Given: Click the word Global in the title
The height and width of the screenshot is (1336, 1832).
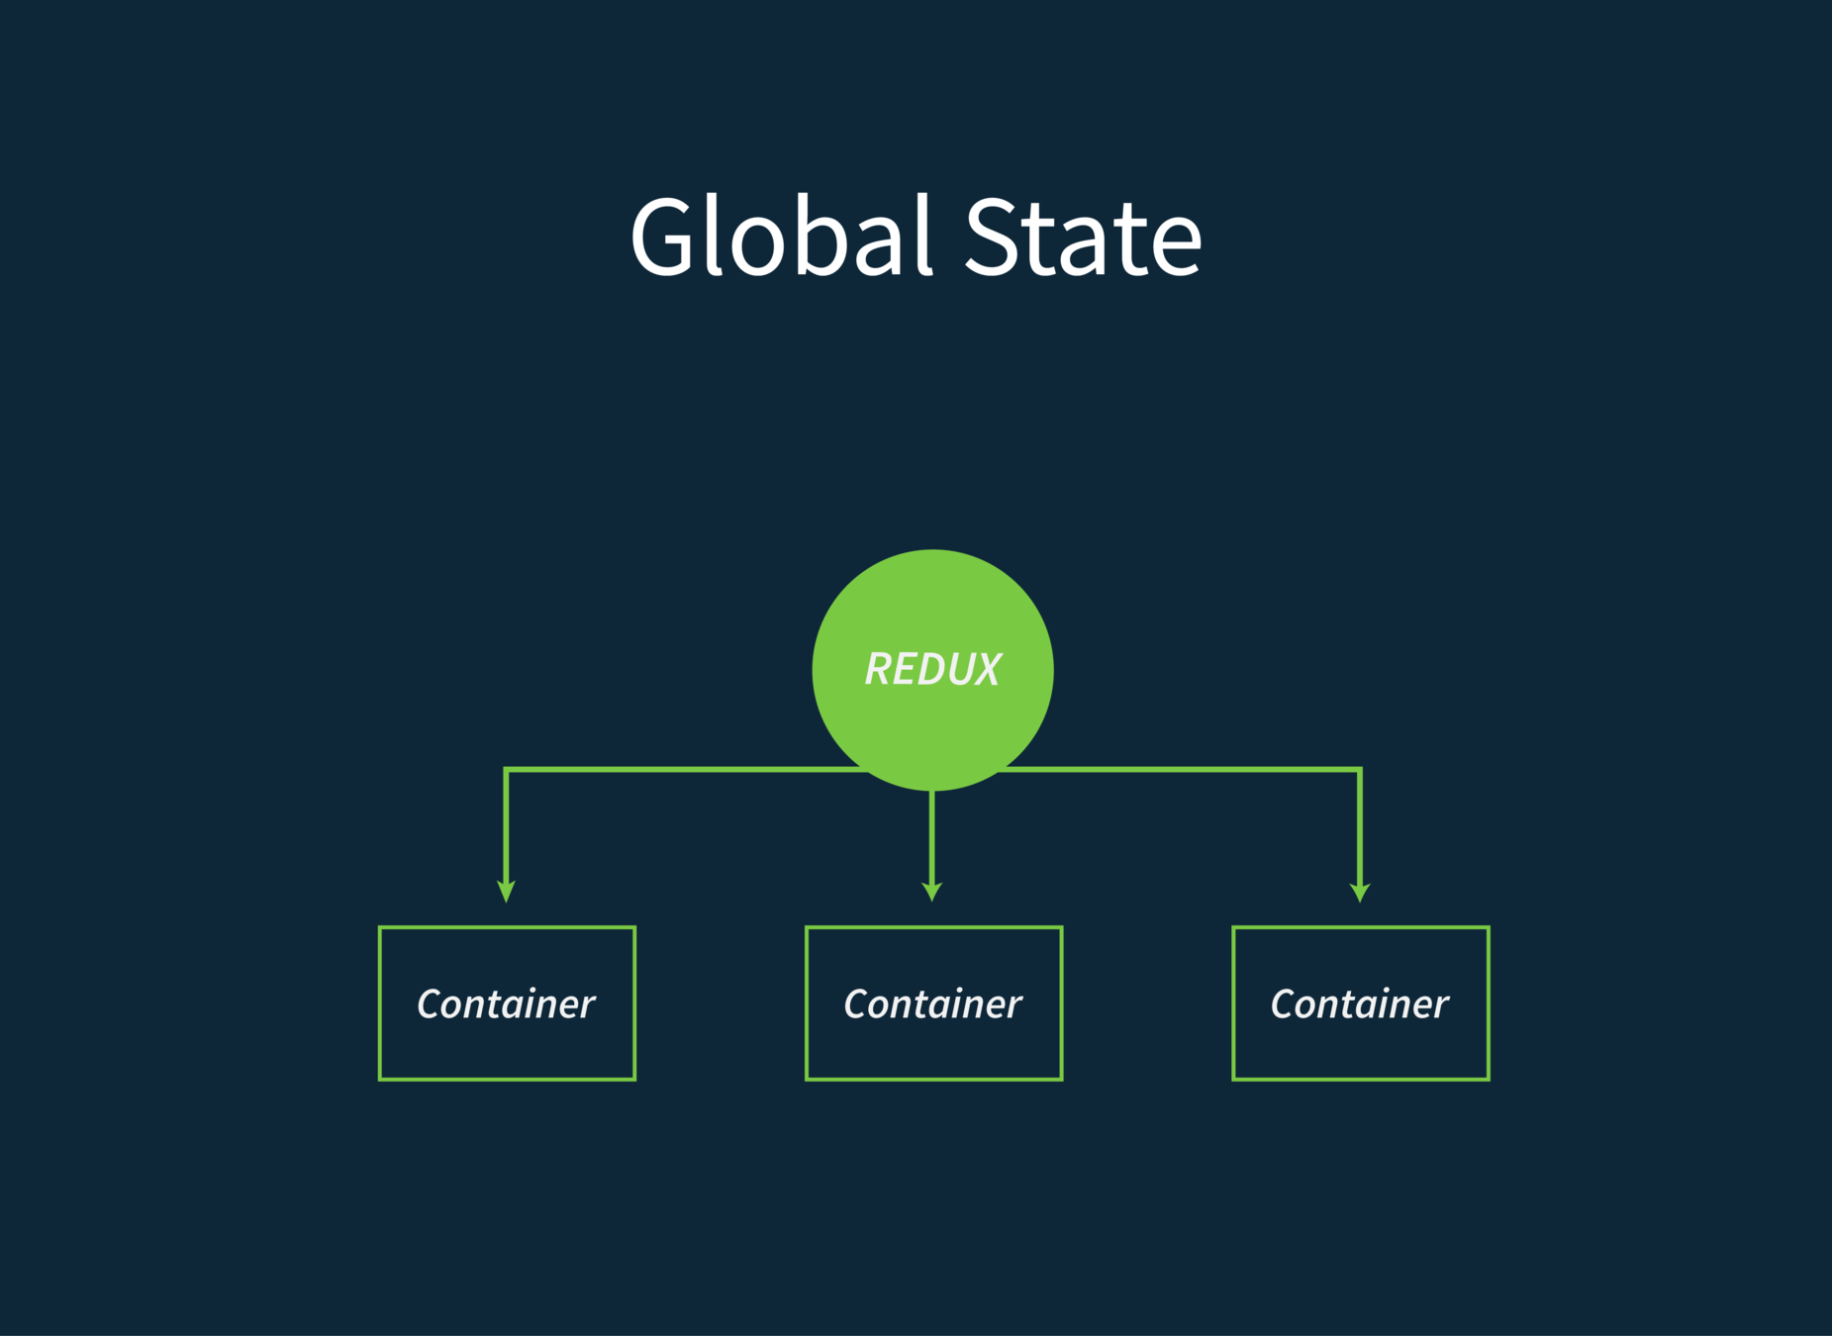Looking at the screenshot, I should [x=782, y=238].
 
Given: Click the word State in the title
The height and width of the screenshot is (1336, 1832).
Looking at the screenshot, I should [x=1083, y=238].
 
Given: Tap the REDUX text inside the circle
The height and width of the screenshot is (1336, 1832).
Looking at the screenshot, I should [x=932, y=670].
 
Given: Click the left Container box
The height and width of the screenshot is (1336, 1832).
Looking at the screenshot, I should [x=507, y=1049].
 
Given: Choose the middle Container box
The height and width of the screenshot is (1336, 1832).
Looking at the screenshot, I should [x=933, y=1049].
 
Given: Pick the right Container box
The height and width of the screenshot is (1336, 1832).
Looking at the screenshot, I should [x=1360, y=1049].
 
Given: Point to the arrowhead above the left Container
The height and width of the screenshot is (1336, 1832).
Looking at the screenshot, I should [x=507, y=891].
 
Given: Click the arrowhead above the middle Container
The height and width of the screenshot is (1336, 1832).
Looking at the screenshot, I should [x=932, y=890].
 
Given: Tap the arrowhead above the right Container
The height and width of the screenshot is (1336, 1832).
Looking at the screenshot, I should [x=1360, y=891].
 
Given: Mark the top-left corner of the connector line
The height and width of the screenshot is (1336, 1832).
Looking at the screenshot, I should [x=507, y=769].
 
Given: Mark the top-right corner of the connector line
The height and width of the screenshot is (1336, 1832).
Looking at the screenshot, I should [x=1360, y=769].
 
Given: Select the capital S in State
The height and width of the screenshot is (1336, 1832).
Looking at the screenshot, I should [x=993, y=238].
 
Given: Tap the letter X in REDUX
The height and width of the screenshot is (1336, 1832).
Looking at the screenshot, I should [x=985, y=670].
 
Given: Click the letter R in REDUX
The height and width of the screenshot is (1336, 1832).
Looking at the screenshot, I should [x=879, y=670].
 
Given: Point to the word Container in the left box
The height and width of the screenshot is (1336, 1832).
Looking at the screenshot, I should [x=507, y=1004].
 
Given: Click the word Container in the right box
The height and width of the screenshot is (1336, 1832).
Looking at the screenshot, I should [x=1360, y=1004].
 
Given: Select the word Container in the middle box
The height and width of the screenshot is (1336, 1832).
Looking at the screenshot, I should [x=933, y=1004].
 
